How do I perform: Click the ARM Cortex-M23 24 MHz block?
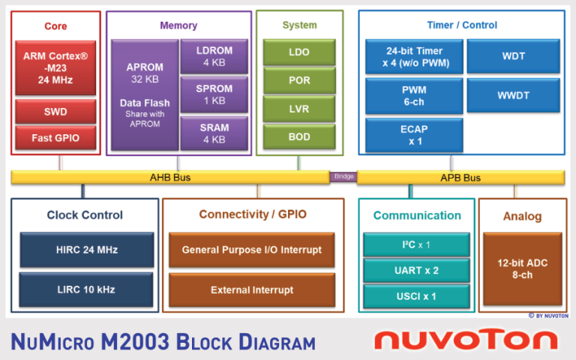55,68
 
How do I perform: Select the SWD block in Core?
55,112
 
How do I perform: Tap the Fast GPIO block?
55,138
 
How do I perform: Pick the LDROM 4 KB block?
214,57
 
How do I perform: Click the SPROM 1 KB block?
214,94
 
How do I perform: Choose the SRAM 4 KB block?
214,133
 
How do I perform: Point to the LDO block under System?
299,52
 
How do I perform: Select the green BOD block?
299,137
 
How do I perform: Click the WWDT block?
514,95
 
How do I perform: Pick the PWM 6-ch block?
413,95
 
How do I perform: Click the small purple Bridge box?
343,177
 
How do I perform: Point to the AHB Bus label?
170,178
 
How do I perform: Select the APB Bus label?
460,178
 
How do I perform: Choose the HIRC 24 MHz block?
86,250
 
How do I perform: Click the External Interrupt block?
251,289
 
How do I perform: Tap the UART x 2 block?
416,270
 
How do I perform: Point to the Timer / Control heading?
461,25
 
